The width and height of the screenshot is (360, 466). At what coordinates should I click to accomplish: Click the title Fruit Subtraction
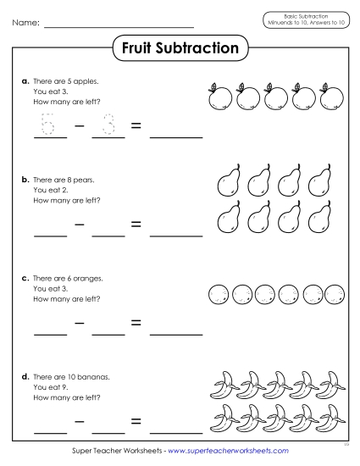click(x=180, y=48)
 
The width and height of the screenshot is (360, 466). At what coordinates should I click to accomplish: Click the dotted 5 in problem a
click(x=48, y=126)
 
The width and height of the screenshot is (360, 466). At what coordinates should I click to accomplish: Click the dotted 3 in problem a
click(x=108, y=126)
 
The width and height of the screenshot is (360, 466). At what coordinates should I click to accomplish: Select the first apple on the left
click(x=219, y=97)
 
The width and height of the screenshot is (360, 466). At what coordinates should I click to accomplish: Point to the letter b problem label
click(x=25, y=180)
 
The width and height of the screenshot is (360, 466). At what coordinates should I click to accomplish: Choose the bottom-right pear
click(x=319, y=219)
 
